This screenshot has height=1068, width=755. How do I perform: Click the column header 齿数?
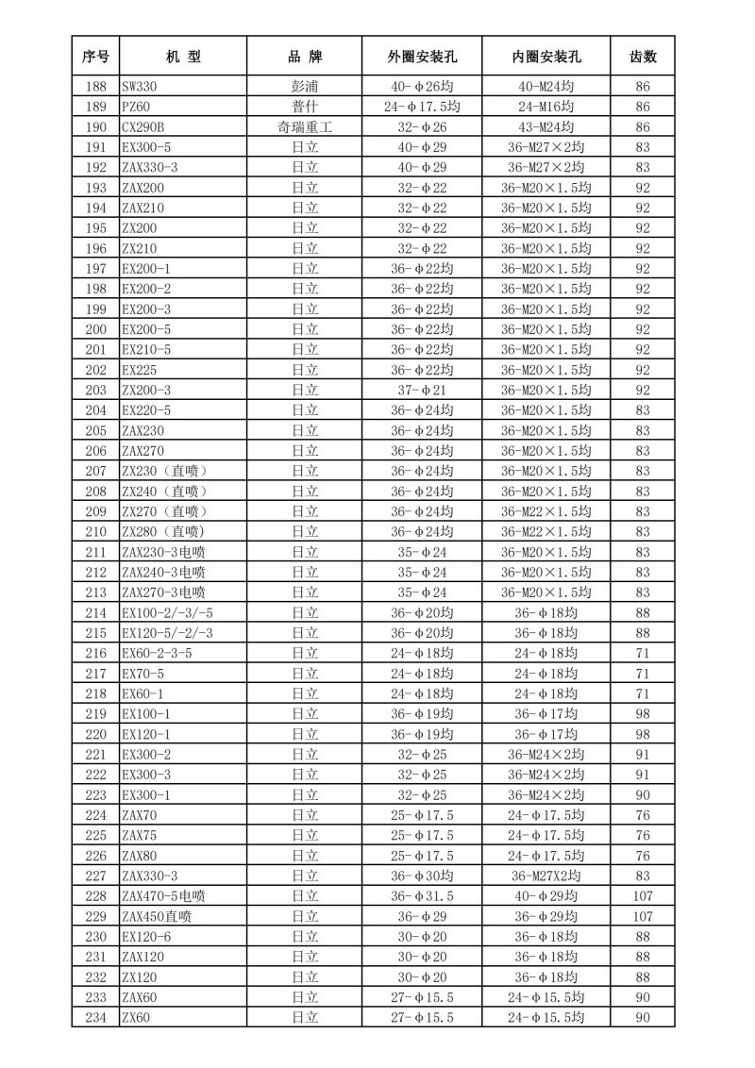point(644,57)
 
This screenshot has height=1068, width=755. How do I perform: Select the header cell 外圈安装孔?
point(422,57)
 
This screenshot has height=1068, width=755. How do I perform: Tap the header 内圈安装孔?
point(546,57)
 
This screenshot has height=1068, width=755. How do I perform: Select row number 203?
point(95,390)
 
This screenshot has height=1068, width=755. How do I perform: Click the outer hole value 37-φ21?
point(422,390)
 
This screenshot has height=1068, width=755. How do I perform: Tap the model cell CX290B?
point(143,126)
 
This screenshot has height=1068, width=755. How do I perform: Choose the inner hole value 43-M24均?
point(546,126)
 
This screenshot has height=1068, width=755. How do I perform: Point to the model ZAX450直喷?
point(157,916)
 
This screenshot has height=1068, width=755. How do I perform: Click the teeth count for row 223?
point(644,794)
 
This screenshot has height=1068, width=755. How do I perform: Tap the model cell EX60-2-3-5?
point(157,653)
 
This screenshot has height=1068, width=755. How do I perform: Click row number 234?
point(95,1017)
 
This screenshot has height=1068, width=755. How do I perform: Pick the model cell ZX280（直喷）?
point(163,531)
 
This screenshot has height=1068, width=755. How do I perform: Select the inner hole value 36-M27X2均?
point(546,876)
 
